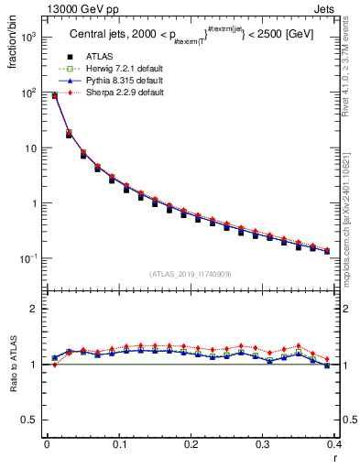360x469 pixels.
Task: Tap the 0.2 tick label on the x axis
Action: (191, 444)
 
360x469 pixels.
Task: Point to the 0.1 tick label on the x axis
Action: (119, 444)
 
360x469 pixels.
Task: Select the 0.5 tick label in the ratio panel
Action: (30, 420)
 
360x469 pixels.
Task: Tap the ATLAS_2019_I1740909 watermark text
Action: (191, 274)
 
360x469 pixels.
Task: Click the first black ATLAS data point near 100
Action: (54, 96)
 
